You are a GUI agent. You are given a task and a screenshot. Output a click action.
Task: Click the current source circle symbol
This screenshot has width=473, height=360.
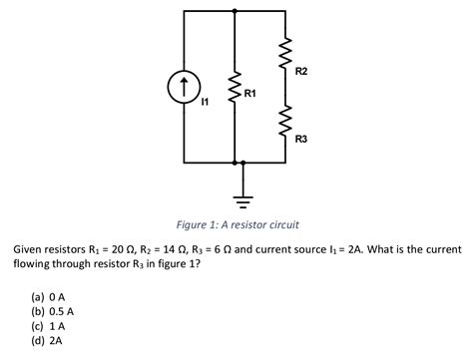click(x=183, y=87)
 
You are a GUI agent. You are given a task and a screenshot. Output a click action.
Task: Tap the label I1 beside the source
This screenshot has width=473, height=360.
click(x=206, y=101)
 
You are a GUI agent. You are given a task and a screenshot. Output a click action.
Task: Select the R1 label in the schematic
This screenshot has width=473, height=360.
click(x=249, y=93)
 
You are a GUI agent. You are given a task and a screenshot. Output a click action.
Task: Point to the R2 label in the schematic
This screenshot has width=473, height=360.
click(x=302, y=71)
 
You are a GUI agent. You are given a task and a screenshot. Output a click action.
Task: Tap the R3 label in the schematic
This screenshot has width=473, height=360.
click(x=301, y=141)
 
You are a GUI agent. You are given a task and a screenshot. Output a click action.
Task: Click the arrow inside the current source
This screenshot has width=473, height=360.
click(x=183, y=86)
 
